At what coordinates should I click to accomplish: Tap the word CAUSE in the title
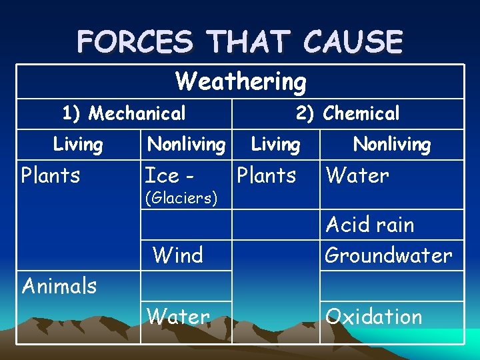(353, 41)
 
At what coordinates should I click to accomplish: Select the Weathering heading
(241, 81)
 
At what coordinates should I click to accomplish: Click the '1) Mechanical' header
(124, 114)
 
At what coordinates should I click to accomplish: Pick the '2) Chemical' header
(347, 113)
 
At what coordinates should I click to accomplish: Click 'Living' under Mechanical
(78, 144)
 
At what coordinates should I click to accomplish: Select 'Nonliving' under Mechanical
(186, 144)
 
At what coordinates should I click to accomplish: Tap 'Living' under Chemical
(275, 144)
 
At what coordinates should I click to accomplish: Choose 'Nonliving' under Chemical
(392, 144)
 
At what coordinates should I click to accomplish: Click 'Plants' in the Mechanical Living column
(51, 175)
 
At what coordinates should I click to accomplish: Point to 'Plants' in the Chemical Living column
(266, 175)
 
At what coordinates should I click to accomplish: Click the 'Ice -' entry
(170, 175)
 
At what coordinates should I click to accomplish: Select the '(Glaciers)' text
(181, 199)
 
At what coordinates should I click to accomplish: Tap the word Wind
(177, 255)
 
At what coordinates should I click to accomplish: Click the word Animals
(59, 286)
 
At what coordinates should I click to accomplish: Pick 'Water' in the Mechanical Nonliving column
(178, 317)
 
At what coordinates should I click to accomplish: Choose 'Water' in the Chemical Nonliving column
(357, 175)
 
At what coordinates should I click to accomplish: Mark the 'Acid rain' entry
(370, 225)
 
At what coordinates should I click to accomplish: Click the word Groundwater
(388, 255)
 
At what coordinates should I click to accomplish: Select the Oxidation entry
(373, 317)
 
